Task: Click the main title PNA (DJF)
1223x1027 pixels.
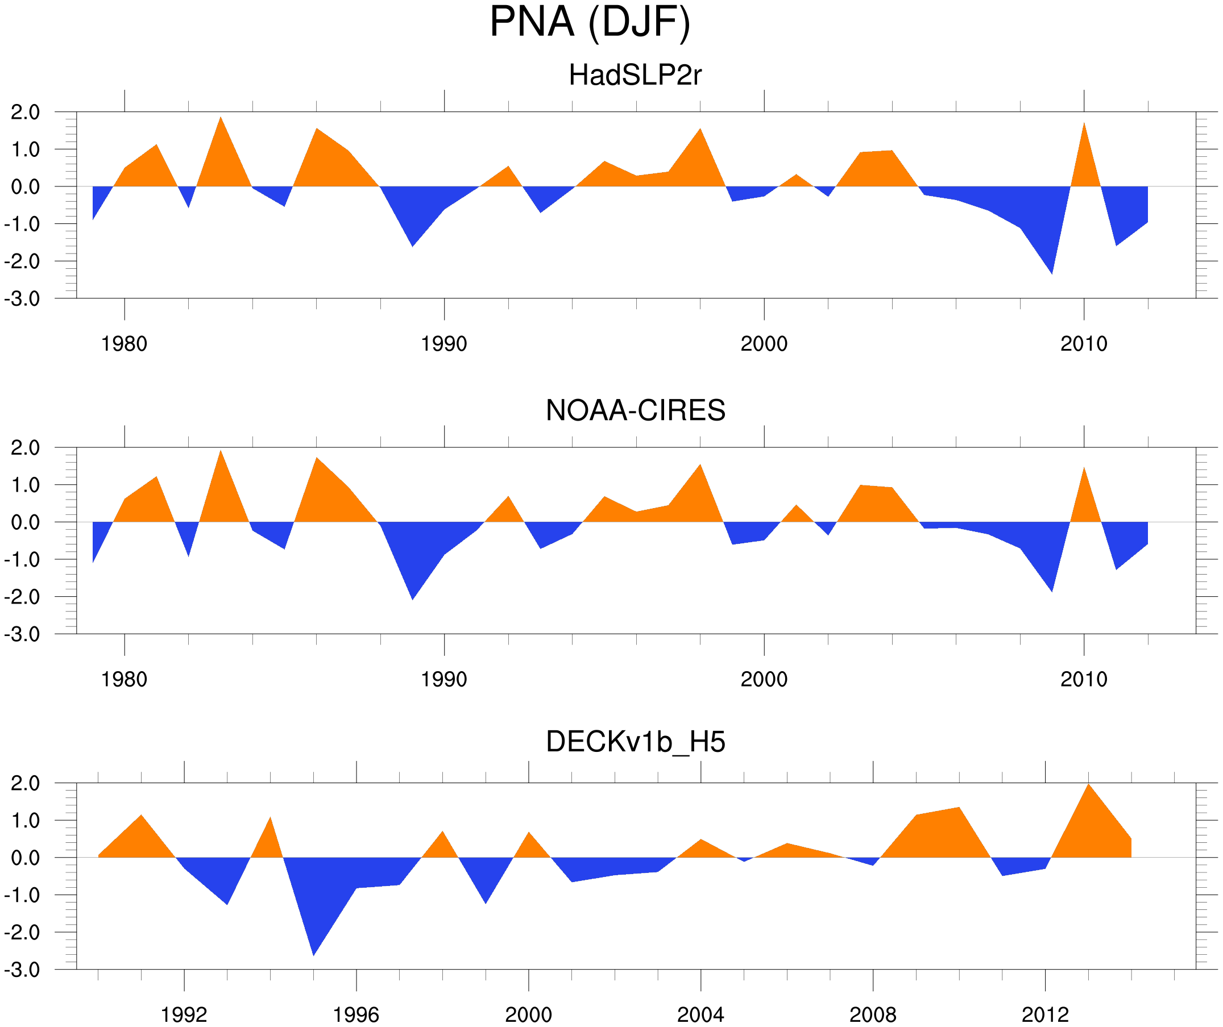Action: (x=590, y=22)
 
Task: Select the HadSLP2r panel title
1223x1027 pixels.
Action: (x=635, y=75)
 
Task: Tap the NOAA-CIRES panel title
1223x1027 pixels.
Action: (x=635, y=410)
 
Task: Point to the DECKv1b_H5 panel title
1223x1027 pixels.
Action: (x=635, y=742)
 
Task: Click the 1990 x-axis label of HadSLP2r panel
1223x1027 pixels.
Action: (x=444, y=344)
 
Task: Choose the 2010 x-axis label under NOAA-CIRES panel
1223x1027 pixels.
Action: (x=1083, y=679)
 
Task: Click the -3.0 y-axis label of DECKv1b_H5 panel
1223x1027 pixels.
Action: (x=22, y=970)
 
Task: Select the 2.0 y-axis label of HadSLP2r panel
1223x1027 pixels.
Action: (x=25, y=113)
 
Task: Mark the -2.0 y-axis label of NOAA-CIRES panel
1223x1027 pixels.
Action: (x=22, y=597)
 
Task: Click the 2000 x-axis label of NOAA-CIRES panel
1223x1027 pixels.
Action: (x=764, y=679)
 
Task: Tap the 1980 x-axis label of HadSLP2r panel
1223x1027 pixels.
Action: (x=124, y=344)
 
